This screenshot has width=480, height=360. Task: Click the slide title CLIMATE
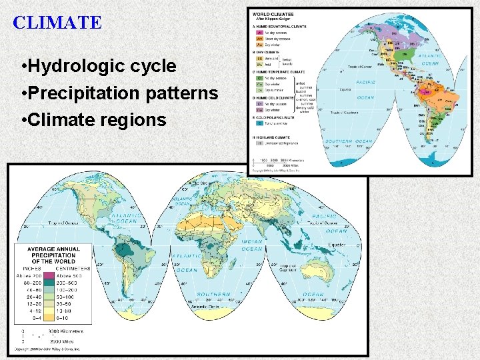coord(57,23)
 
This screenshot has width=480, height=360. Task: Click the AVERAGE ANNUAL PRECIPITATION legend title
coord(53,255)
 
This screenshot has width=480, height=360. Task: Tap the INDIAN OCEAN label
coord(251,245)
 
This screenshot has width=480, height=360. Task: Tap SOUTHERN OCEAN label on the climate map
coord(348,141)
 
